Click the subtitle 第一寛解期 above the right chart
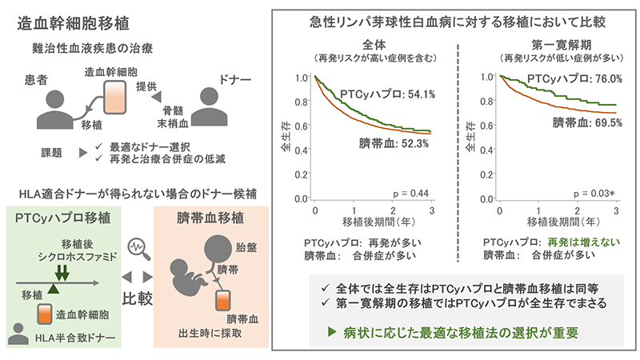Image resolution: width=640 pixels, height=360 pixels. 557,46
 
